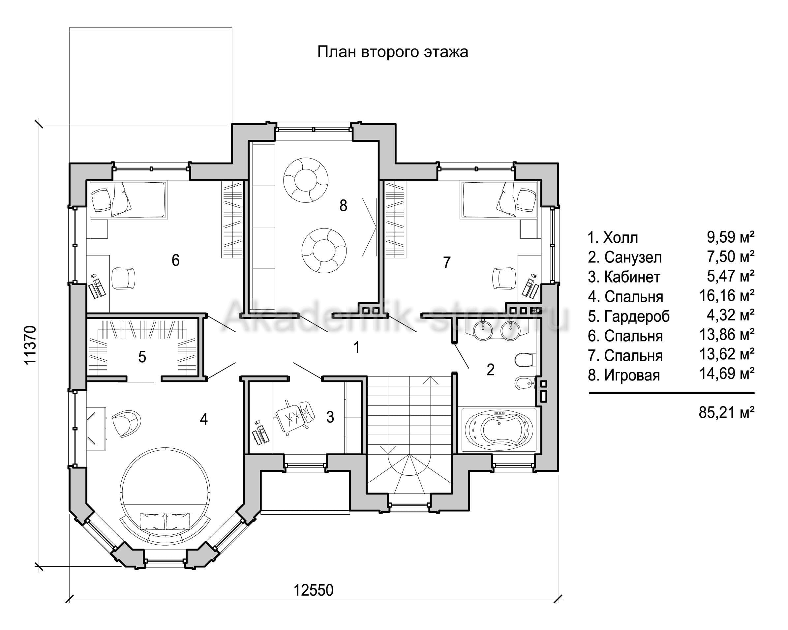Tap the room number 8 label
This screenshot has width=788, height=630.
pos(343,206)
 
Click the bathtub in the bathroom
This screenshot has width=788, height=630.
pos(499,430)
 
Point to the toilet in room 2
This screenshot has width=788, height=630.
pos(525,360)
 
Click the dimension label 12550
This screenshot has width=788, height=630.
pos(314,590)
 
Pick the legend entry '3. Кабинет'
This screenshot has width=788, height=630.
pos(624,277)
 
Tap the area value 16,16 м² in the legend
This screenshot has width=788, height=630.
pos(727,296)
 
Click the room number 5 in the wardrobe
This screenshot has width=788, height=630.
pos(142,357)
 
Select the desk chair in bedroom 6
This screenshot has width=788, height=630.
pos(123,279)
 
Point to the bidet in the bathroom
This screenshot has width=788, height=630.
pos(524,384)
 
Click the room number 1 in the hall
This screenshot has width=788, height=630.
pos(356,347)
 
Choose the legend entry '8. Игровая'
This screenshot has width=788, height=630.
pos(624,375)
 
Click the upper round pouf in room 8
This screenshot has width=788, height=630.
pos(306,180)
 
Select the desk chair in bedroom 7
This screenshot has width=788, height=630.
pos(505,279)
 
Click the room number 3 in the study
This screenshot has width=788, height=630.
pos(330,417)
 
